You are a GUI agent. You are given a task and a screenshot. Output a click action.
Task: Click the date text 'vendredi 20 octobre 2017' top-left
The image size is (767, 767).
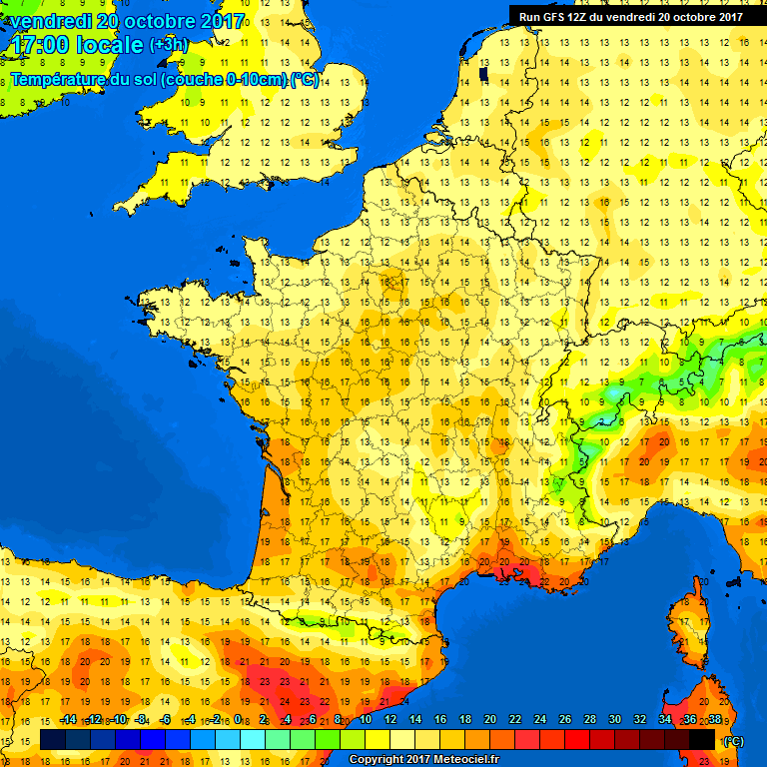[125, 20]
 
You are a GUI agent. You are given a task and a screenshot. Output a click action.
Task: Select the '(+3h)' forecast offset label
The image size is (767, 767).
[168, 45]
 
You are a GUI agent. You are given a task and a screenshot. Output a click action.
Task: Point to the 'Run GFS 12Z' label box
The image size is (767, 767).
[630, 16]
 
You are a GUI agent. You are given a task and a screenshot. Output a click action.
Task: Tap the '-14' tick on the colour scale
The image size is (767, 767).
[68, 719]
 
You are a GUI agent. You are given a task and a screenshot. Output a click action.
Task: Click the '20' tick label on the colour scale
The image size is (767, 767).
[490, 719]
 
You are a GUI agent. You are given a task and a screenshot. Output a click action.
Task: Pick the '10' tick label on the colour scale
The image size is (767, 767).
[367, 719]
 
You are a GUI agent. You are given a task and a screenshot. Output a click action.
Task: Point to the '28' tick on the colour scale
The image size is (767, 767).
[589, 719]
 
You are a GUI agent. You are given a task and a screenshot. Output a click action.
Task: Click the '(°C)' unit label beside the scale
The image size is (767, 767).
[733, 740]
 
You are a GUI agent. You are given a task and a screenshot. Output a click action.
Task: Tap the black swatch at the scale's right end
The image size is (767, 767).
[703, 739]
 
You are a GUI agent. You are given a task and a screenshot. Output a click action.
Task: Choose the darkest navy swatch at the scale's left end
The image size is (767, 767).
[52, 739]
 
